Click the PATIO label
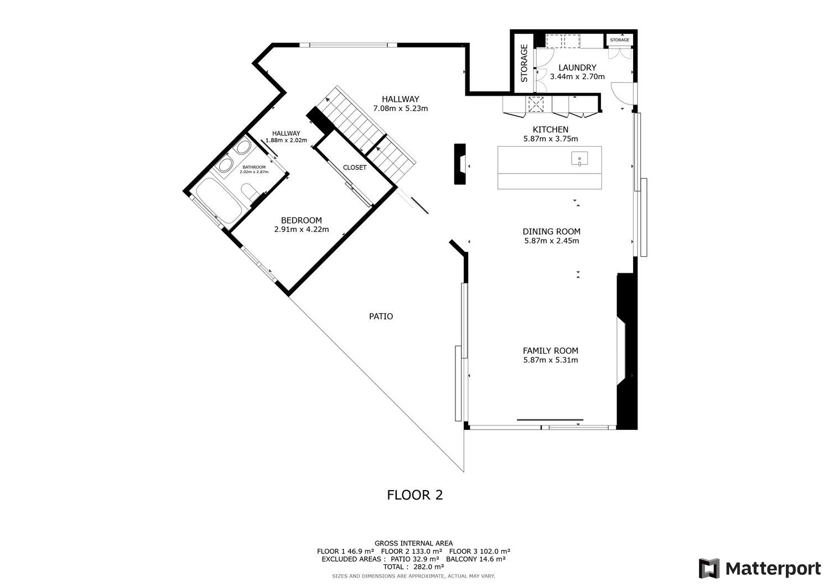point(381,316)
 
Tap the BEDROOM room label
point(301,220)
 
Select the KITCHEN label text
point(550,129)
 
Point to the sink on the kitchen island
point(579,159)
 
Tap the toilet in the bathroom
point(250,193)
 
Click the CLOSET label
point(355,168)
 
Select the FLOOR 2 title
point(415,495)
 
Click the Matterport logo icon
point(709,569)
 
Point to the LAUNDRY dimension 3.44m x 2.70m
point(577,77)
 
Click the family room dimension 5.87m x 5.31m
point(551,360)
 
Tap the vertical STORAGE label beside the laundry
point(524,63)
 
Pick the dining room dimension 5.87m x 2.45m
point(551,241)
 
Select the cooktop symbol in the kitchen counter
point(536,104)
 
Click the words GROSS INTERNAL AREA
point(413,543)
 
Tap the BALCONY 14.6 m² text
point(476,559)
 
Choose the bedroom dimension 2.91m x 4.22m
point(302,230)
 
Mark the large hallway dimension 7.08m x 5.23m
point(401,108)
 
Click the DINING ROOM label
point(551,232)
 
